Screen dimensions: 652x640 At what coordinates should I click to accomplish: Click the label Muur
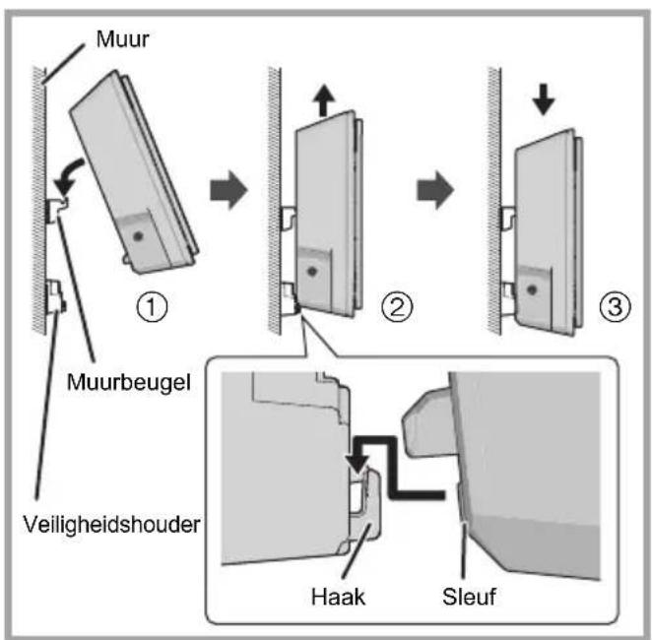(122, 39)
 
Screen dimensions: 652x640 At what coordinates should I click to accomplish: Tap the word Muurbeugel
(129, 382)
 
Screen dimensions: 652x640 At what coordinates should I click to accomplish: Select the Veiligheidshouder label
(111, 525)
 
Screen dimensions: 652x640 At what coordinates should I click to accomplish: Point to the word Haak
(338, 597)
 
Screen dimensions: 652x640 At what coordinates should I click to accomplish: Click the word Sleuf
(469, 597)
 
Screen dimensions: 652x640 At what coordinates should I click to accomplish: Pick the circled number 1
(152, 306)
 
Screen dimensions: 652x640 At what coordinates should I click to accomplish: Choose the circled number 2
(397, 306)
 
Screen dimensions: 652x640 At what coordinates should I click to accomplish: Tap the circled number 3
(615, 306)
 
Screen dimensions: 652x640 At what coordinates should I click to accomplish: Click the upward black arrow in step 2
(323, 100)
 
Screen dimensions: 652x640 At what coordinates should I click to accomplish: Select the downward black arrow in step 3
(544, 99)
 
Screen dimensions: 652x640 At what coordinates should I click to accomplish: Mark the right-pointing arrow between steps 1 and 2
(228, 189)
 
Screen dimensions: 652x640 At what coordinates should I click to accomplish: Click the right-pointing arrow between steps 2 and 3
(435, 189)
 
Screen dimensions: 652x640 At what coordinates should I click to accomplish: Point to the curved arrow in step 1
(70, 174)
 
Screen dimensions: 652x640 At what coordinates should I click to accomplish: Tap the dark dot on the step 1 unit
(138, 236)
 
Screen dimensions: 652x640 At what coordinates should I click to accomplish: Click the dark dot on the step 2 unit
(312, 272)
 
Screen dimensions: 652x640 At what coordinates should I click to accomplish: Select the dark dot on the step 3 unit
(532, 289)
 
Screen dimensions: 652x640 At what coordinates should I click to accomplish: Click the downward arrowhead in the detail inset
(357, 464)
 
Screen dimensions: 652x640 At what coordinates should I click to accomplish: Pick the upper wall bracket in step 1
(56, 209)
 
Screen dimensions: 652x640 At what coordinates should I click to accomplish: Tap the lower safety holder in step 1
(56, 297)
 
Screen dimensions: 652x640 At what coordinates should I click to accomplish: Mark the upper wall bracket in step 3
(507, 217)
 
